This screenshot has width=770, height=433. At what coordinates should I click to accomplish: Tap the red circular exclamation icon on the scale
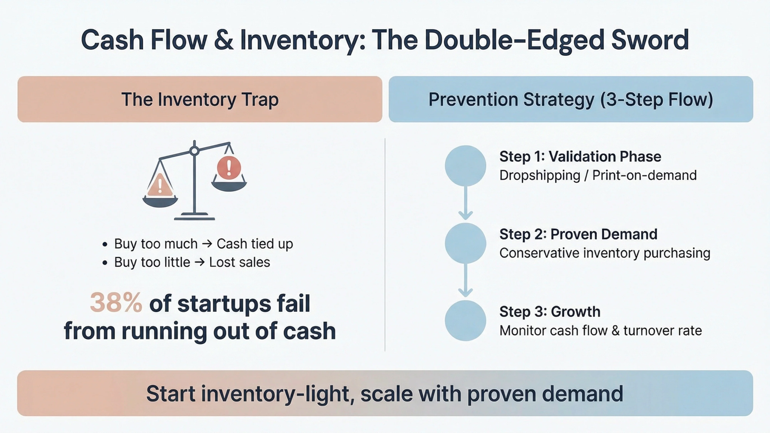[x=229, y=168]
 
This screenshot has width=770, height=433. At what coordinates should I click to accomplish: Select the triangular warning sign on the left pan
[x=160, y=185]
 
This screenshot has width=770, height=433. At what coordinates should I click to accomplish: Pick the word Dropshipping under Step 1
[x=540, y=175]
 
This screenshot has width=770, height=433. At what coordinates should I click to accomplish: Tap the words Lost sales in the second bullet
[x=239, y=262]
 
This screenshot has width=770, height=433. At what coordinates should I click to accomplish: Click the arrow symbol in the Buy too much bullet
[x=207, y=244]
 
